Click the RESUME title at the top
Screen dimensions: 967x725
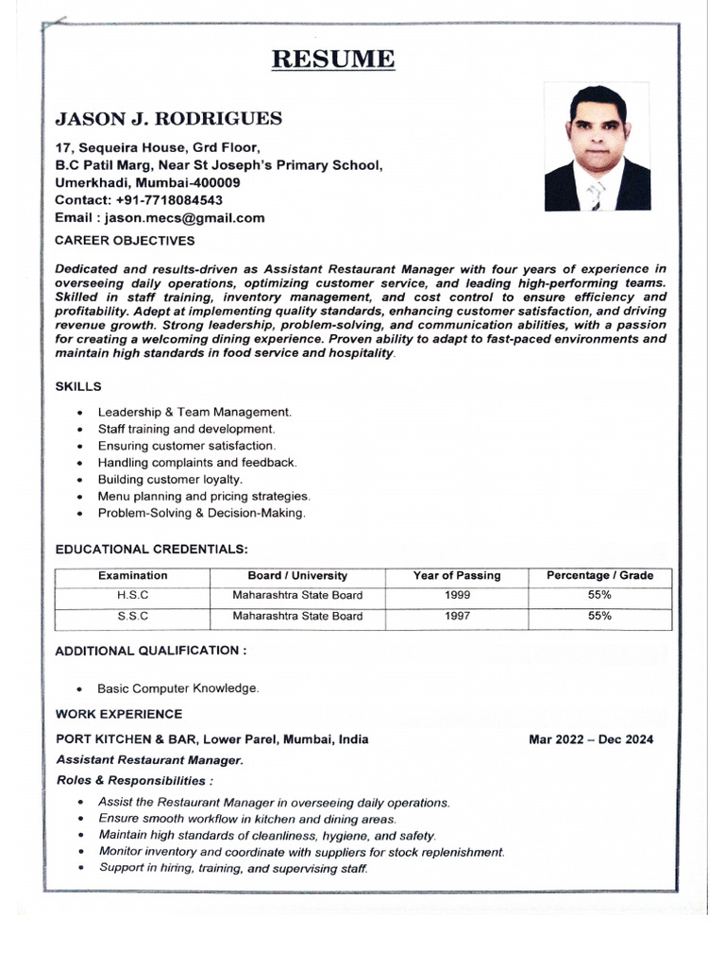pyautogui.click(x=333, y=59)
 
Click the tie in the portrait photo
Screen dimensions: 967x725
pyautogui.click(x=595, y=195)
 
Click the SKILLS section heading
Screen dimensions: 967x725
pyautogui.click(x=78, y=386)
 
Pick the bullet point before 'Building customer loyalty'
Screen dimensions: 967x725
pyautogui.click(x=80, y=480)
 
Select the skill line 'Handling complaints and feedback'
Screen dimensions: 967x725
pyautogui.click(x=197, y=463)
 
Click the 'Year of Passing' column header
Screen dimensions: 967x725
pyautogui.click(x=457, y=575)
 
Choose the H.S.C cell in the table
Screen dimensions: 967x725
pyautogui.click(x=133, y=595)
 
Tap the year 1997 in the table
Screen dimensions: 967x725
pyautogui.click(x=457, y=616)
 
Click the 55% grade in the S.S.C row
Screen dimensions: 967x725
pyautogui.click(x=599, y=616)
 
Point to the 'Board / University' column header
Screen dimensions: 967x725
pyautogui.click(x=297, y=575)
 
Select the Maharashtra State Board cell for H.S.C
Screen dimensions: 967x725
pyautogui.click(x=297, y=595)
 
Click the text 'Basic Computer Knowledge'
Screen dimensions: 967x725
pyautogui.click(x=177, y=688)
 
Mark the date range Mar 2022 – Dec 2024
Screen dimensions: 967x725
pyautogui.click(x=591, y=739)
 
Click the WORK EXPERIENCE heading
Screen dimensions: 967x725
pyautogui.click(x=119, y=714)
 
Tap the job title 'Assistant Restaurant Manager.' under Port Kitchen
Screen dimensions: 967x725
pyautogui.click(x=150, y=760)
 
